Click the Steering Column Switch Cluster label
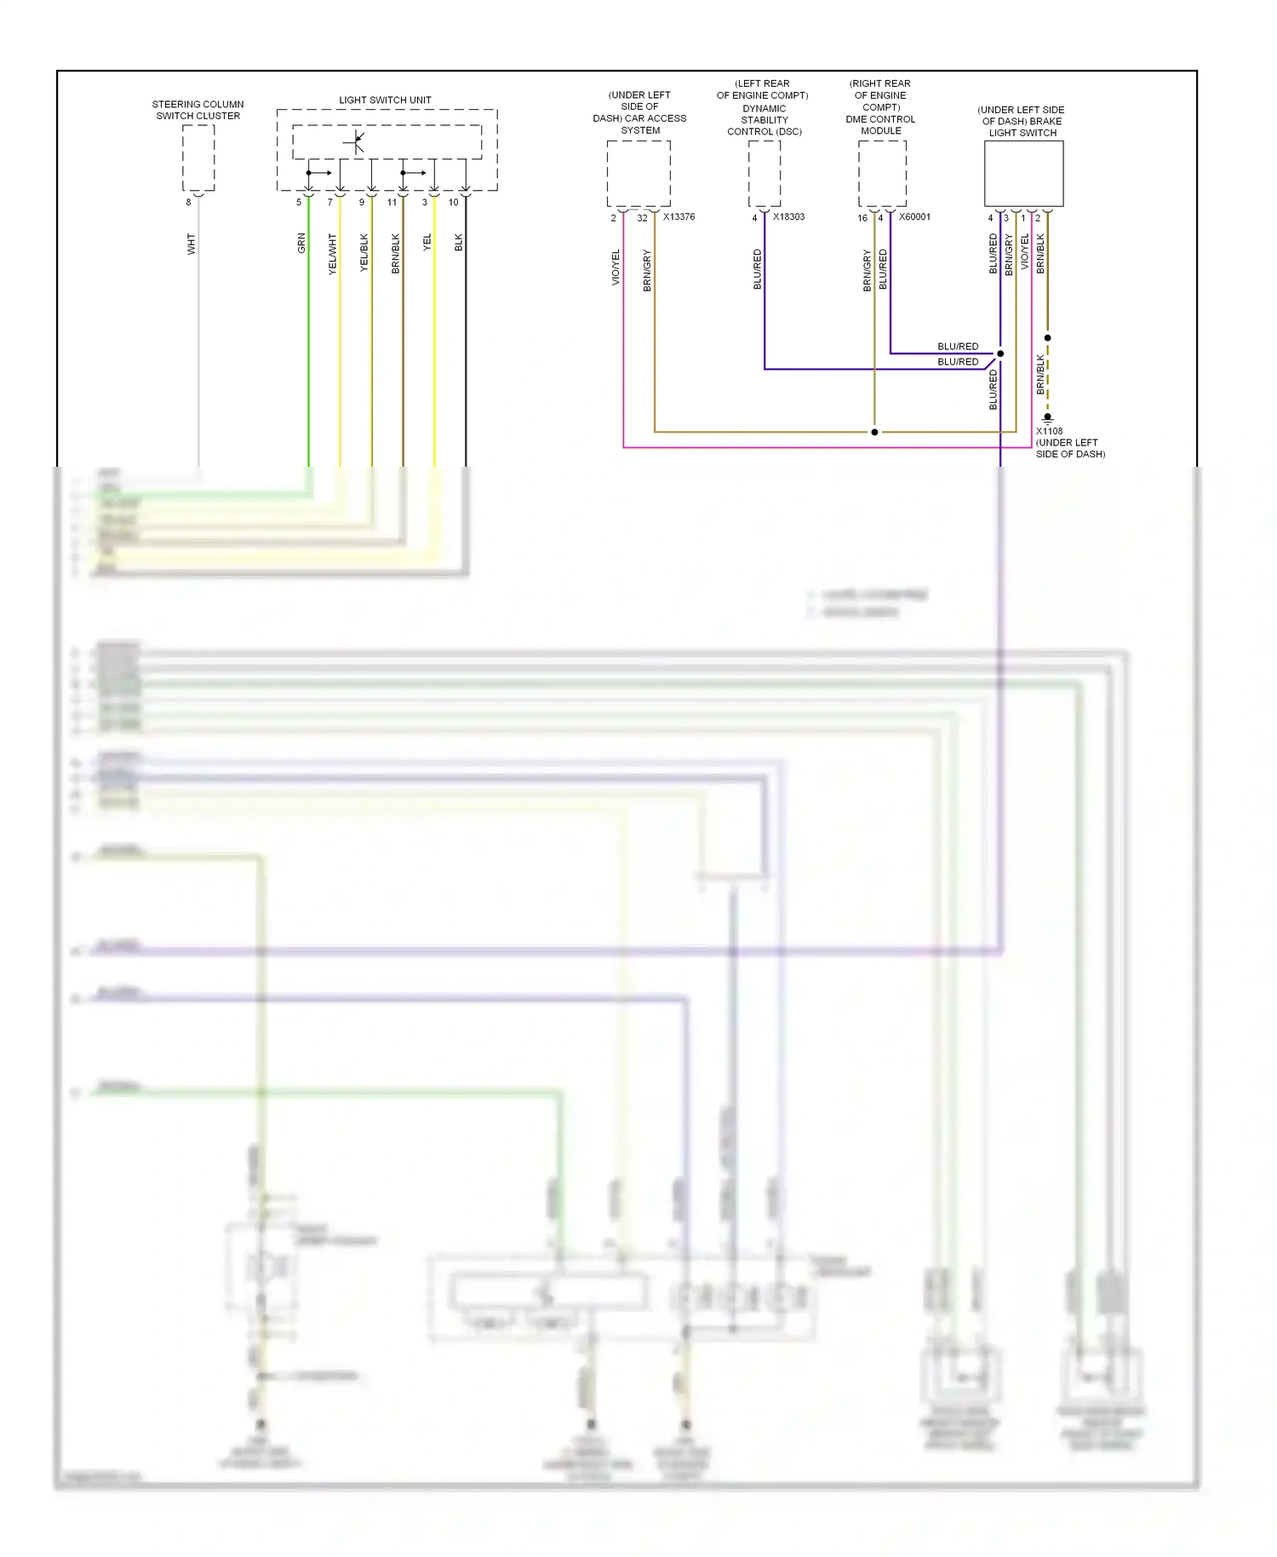click(198, 110)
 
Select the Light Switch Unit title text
click(385, 100)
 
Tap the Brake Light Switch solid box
click(1023, 174)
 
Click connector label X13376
click(679, 217)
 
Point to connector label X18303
click(788, 217)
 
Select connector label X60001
click(914, 217)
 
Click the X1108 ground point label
click(1049, 431)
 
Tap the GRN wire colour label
click(301, 244)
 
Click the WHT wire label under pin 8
click(192, 244)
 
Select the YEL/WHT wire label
click(333, 254)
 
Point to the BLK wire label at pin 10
click(459, 243)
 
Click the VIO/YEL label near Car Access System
click(616, 267)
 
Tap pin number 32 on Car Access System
click(642, 218)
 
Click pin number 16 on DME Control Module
click(862, 218)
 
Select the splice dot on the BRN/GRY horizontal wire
click(874, 432)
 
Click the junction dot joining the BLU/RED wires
click(1000, 353)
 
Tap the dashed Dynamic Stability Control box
click(764, 174)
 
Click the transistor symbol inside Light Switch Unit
click(356, 142)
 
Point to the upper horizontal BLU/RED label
click(958, 347)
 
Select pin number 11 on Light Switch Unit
click(392, 203)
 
